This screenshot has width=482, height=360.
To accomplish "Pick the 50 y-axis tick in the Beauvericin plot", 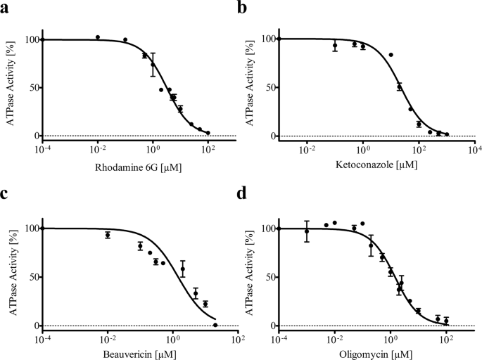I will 32,277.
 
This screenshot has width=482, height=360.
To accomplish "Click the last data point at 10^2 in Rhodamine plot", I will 208,132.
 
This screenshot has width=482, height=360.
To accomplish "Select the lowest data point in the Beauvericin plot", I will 215,324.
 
